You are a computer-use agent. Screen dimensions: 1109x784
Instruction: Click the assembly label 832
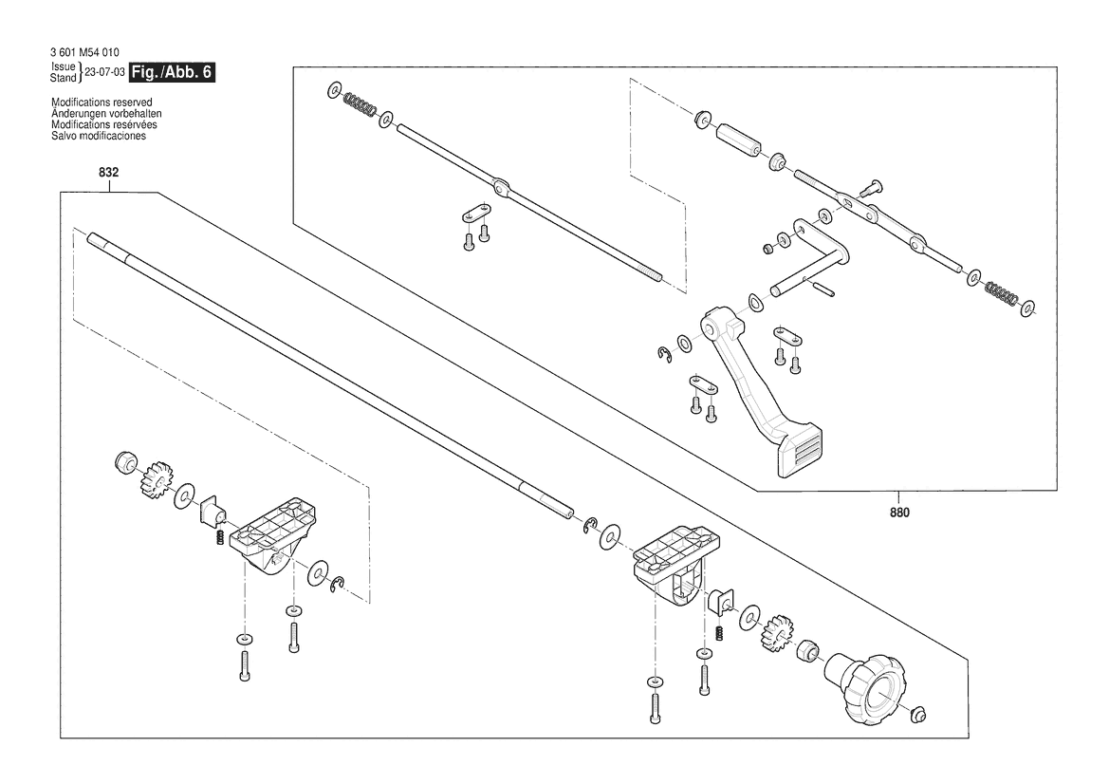[x=109, y=173]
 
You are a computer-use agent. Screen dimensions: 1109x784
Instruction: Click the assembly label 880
[x=899, y=513]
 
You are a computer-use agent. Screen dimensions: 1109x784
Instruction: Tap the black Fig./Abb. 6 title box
[x=172, y=72]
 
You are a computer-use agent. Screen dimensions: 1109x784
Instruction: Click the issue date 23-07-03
[x=104, y=72]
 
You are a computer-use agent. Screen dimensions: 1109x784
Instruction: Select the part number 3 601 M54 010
[x=84, y=52]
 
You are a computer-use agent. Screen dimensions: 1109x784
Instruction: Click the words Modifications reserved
[x=102, y=103]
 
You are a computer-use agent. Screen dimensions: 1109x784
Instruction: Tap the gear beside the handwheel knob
[x=777, y=633]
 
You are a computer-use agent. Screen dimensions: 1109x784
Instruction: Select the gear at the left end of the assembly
[x=157, y=478]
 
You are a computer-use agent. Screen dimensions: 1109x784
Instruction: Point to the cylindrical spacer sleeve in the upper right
[x=739, y=140]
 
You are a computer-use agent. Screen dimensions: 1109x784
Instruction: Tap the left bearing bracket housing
[x=274, y=534]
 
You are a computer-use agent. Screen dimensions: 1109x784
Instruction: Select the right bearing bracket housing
[x=673, y=564]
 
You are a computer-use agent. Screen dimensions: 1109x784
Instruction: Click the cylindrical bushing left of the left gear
[x=126, y=462]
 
